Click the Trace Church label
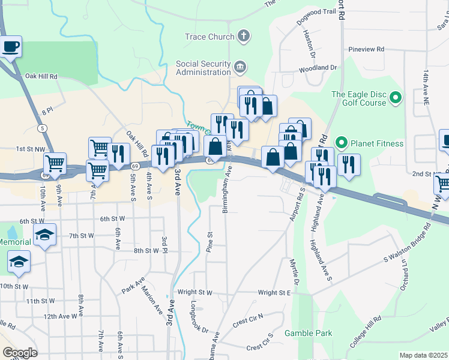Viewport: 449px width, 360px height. [209, 37]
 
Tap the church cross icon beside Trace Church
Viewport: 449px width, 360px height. [243, 36]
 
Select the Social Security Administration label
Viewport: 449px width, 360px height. [203, 68]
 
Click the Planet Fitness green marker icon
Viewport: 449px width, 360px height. [342, 143]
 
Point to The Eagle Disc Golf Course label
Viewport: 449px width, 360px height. [359, 98]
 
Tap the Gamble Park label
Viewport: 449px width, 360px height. [308, 333]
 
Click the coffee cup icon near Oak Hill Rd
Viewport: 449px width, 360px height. [11, 46]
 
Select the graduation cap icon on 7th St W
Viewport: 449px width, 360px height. [44, 236]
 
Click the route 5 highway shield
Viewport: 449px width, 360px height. [41, 128]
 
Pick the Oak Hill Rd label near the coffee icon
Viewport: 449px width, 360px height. [41, 77]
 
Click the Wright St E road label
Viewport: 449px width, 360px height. [274, 293]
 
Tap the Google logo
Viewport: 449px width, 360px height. [19, 353]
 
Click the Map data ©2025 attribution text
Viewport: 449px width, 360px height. [423, 355]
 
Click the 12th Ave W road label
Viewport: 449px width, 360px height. [60, 316]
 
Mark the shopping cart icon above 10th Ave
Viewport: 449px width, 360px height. [55, 163]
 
